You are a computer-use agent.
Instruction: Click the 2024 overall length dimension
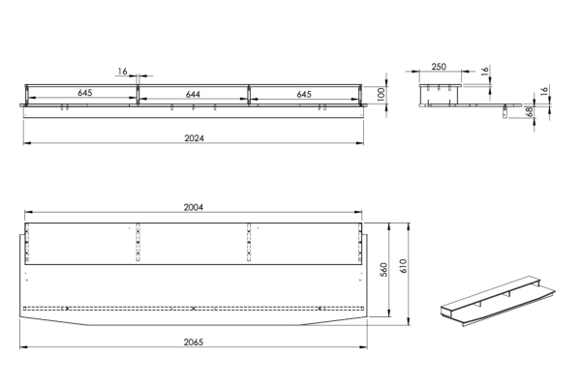pos(195,138)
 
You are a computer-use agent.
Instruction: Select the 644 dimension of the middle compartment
pos(193,95)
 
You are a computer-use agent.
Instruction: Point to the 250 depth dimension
pos(439,67)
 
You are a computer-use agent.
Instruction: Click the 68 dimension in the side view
pos(531,111)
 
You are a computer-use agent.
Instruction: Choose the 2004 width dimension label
pos(194,207)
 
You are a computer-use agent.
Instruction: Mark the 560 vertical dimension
pos(383,270)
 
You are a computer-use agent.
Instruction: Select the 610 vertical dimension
pos(403,266)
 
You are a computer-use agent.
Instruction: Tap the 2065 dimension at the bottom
pos(194,342)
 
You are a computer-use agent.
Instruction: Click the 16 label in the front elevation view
pos(123,71)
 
